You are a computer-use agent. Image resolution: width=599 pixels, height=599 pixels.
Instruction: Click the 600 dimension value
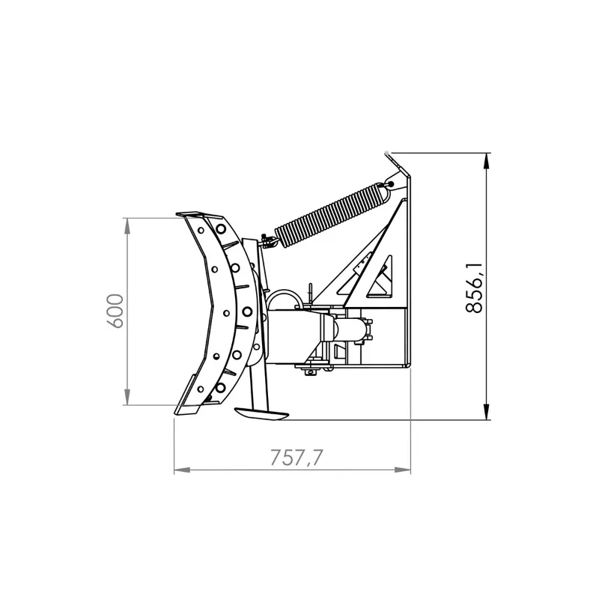click(115, 311)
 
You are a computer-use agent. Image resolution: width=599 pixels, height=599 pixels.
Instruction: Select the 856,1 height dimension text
click(475, 287)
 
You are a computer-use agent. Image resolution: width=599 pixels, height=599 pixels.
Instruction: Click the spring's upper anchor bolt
click(390, 183)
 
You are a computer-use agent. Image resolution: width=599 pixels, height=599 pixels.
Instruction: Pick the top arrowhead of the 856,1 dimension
click(487, 159)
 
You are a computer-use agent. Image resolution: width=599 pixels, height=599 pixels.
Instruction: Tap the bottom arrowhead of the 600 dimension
click(127, 401)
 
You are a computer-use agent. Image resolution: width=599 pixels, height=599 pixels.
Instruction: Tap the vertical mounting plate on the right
click(405, 270)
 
